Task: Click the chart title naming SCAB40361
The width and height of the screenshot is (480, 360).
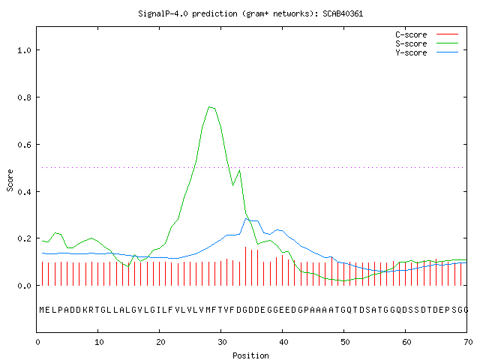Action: pos(250,13)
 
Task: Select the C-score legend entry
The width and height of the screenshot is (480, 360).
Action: pos(427,34)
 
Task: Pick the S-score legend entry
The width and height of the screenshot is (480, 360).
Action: pos(427,43)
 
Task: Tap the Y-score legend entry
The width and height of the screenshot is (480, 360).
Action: pos(427,52)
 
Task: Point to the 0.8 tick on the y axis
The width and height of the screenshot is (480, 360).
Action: pos(25,97)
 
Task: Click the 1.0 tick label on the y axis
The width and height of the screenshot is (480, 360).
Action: pos(25,50)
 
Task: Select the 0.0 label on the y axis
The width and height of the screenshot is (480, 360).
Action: pos(25,286)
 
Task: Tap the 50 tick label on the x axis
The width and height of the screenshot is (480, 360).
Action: pos(345,342)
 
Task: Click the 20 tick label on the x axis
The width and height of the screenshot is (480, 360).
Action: pos(160,342)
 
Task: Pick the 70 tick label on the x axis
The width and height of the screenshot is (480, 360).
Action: pos(468,342)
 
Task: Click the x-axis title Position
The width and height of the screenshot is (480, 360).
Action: pos(250,355)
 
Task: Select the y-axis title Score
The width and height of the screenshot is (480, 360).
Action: pos(10,180)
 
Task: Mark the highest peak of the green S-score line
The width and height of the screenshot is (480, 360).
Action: pos(209,106)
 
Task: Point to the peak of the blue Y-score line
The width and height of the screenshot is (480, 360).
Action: pos(246,218)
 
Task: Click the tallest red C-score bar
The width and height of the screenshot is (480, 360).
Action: pos(245,266)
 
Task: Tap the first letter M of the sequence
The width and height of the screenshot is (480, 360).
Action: pos(42,310)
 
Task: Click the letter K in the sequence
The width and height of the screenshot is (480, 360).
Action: pos(85,310)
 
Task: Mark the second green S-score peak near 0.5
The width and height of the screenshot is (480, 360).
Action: pos(240,170)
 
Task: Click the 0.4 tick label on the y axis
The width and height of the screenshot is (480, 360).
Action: pos(25,192)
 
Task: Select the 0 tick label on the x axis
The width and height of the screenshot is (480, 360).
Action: pos(38,342)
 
